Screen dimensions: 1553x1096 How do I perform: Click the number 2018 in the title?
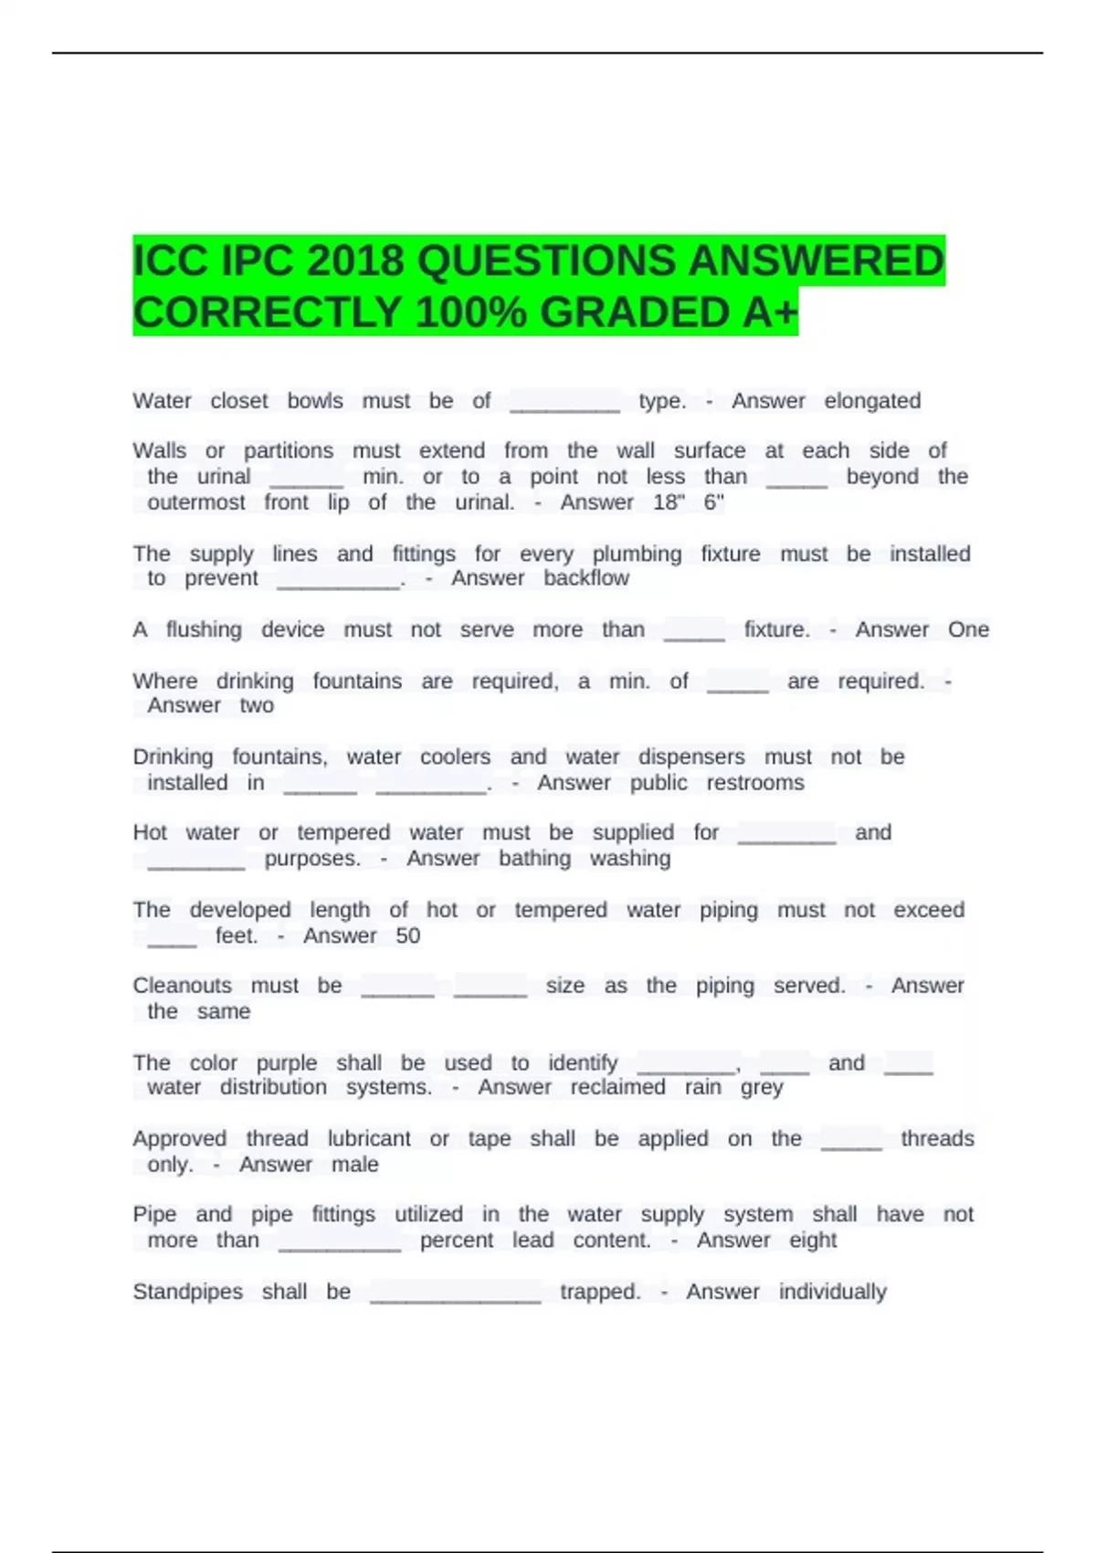tap(355, 261)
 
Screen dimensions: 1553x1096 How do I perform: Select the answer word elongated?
tap(872, 401)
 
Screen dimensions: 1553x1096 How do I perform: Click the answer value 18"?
tap(669, 502)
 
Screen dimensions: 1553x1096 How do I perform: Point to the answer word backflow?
tap(586, 578)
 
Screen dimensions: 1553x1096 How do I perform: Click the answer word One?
tap(968, 629)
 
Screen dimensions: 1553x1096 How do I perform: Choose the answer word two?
tap(257, 705)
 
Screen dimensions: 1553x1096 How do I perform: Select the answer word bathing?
tap(534, 859)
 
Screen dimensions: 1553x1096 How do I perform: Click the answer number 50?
tap(408, 935)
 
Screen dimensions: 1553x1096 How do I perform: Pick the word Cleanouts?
tap(183, 986)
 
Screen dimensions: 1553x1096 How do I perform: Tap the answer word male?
tap(355, 1165)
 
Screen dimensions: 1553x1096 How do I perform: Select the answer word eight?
tap(813, 1241)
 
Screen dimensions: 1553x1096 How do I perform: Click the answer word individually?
tap(832, 1292)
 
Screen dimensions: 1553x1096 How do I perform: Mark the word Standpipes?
tap(188, 1292)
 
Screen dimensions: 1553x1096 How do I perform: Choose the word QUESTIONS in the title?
tap(546, 261)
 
